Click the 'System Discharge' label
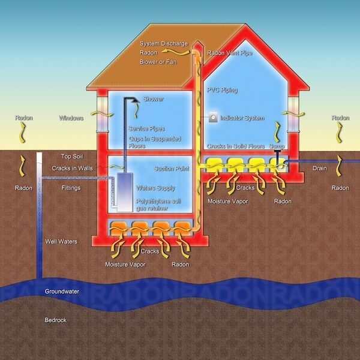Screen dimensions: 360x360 coord(164,43)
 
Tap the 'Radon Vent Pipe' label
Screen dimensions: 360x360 coord(230,53)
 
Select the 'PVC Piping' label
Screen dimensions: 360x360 coord(222,90)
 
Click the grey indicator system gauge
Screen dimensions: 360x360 coord(213,118)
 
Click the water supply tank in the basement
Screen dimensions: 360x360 coord(125,193)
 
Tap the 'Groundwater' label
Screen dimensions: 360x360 coord(62,292)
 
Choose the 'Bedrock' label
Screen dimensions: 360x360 coord(56,320)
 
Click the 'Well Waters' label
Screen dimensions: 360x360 coord(61,242)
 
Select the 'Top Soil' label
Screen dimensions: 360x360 coord(72,157)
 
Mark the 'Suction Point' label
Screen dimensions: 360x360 coord(172,169)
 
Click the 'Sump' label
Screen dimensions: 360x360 coord(277,146)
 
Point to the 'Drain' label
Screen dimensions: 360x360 coord(320,168)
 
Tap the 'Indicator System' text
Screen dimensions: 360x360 coord(242,118)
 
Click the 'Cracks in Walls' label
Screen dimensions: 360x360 coord(73,168)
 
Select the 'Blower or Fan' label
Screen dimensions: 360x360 coord(158,62)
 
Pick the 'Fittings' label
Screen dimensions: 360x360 coord(71,188)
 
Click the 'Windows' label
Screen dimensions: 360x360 coord(71,118)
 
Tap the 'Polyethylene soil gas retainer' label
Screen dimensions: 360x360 coord(158,205)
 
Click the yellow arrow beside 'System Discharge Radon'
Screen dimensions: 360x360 coord(176,53)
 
